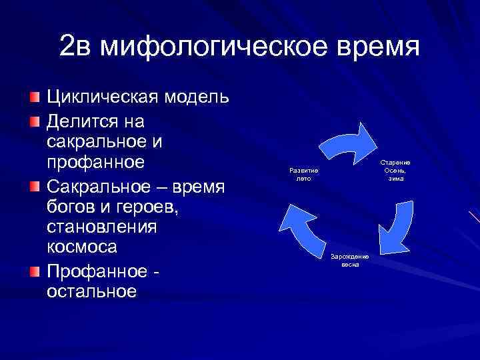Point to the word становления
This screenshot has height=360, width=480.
click(101, 227)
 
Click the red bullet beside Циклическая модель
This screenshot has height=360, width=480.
click(34, 98)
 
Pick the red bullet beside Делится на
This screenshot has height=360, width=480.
click(34, 121)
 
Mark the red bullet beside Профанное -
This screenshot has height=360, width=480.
click(34, 270)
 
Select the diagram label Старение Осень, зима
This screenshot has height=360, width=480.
click(395, 171)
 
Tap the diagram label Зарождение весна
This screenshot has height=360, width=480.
click(350, 259)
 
